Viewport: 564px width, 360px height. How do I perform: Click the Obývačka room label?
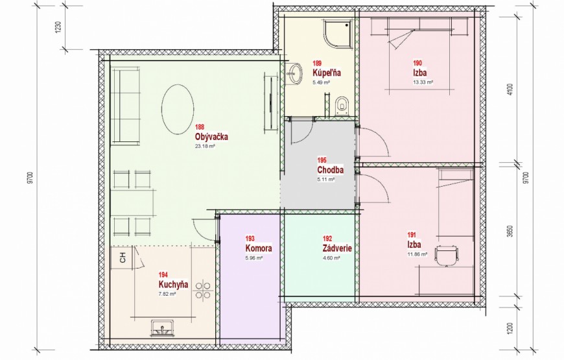211,137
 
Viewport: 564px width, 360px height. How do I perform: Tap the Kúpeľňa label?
327,73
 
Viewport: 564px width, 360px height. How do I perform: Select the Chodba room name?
330,169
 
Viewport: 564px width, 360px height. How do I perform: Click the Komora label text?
259,248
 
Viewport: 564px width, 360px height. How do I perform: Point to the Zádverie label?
337,248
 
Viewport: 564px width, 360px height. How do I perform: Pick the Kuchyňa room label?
173,284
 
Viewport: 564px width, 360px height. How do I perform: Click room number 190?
417,64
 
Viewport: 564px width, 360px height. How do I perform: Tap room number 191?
412,235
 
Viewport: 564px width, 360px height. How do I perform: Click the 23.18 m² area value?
205,147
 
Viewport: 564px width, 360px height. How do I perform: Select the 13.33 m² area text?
423,82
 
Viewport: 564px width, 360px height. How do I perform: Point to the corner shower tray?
336,35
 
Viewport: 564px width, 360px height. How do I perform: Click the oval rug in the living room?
178,110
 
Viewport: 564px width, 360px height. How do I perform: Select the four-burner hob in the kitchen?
202,291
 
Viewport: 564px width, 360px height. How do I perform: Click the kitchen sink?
163,328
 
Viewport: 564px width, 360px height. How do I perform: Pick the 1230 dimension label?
58,27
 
